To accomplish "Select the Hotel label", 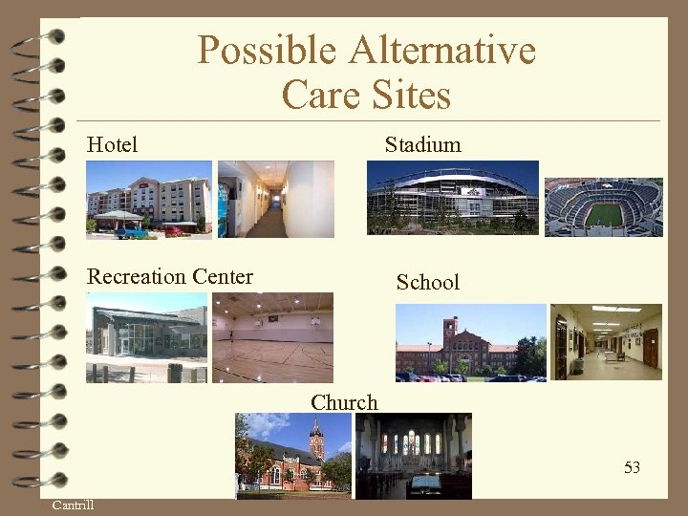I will click(x=112, y=145).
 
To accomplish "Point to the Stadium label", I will click(x=422, y=145).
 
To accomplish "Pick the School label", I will click(x=427, y=282).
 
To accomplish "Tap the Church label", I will click(x=344, y=402).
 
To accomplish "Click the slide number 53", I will click(x=632, y=467).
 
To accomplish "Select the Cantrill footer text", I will click(x=73, y=505).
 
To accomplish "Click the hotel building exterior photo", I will click(x=149, y=199).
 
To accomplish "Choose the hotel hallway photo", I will click(x=275, y=199).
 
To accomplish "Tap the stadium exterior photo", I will click(x=453, y=197).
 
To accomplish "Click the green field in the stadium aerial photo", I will click(x=604, y=214).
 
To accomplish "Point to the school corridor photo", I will click(x=607, y=342).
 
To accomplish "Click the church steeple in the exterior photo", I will click(x=316, y=440).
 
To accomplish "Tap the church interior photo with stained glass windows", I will click(x=413, y=455).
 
